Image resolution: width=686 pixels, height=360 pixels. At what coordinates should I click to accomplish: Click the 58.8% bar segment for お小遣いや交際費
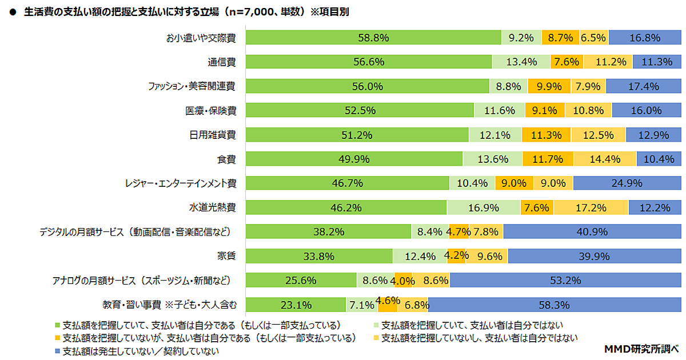373,38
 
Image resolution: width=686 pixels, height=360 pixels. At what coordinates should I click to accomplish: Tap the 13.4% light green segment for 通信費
521,62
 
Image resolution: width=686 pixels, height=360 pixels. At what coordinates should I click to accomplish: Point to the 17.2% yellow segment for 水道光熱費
591,207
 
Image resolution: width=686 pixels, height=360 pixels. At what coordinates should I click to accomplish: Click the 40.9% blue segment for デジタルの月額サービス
592,232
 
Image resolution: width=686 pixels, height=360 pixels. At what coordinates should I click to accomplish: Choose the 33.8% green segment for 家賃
320,256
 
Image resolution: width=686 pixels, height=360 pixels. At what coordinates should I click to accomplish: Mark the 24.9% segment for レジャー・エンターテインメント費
627,183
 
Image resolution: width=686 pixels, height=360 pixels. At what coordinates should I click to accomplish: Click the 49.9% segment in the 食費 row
354,159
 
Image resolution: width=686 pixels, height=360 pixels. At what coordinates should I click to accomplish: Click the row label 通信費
225,62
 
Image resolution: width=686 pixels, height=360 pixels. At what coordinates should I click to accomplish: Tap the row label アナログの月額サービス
141,281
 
